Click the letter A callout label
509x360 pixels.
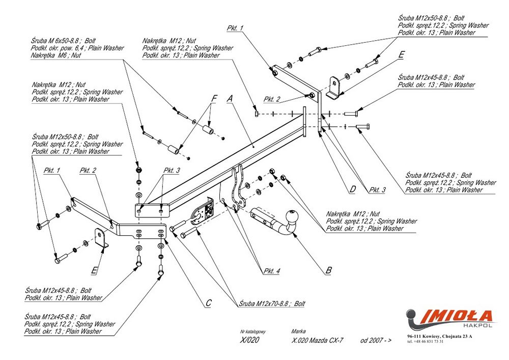tap(230, 98)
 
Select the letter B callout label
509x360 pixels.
tap(328, 270)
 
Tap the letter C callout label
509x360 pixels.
tap(208, 303)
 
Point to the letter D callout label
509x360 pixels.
tap(352, 190)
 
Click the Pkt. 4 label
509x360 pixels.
tap(272, 271)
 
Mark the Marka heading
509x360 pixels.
tap(299, 331)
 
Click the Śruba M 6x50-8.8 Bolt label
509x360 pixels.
tap(64, 41)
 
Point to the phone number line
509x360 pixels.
tap(426, 342)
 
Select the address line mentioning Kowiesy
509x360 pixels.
tap(440, 337)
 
